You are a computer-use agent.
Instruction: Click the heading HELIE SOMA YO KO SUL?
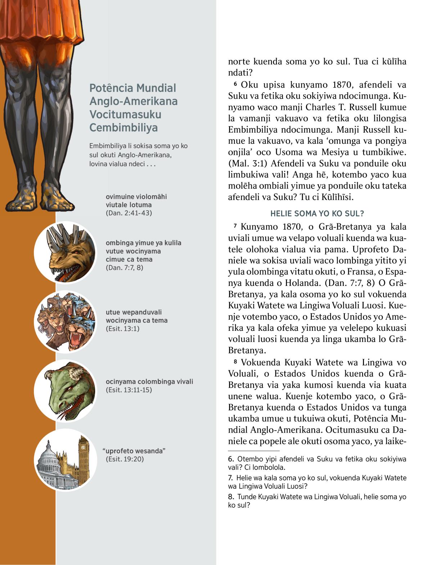coord(317,214)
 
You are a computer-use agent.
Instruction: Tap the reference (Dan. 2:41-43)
coord(129,213)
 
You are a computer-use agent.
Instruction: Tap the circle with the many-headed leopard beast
coord(66,322)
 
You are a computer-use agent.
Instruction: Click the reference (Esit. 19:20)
coord(125,459)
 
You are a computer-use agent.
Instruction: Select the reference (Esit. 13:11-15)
coord(129,390)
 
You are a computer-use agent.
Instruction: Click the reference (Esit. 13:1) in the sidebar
coord(122,329)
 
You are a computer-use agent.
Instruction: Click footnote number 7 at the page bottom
coord(231,478)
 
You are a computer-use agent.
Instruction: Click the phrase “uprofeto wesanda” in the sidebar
coord(134,451)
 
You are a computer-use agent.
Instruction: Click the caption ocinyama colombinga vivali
coord(149,382)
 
